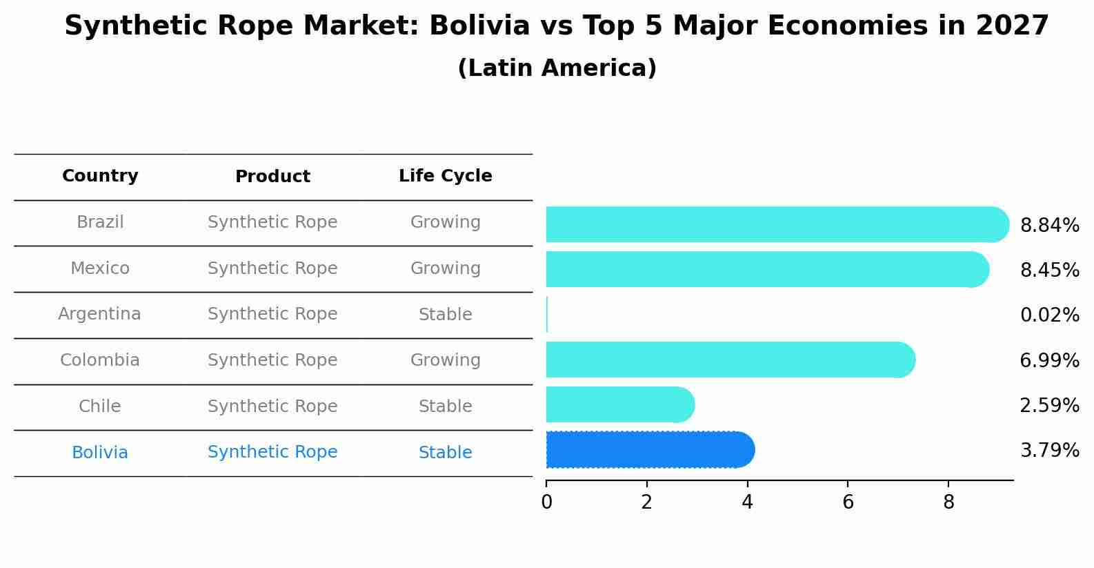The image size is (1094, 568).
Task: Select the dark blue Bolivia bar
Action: click(x=648, y=450)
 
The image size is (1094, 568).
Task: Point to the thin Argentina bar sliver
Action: click(x=547, y=315)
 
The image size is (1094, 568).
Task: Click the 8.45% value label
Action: click(x=1049, y=270)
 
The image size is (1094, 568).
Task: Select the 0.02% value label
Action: click(x=1049, y=315)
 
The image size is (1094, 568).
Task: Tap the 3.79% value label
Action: click(x=1049, y=451)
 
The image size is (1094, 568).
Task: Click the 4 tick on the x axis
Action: click(x=747, y=502)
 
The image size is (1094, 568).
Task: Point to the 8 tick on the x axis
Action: click(x=948, y=502)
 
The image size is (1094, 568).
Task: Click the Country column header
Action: click(x=100, y=176)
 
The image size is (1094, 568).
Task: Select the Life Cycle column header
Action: click(x=445, y=176)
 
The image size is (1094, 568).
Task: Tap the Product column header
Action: click(x=272, y=177)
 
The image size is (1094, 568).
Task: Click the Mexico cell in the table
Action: click(x=100, y=268)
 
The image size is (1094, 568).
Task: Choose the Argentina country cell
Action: click(x=99, y=315)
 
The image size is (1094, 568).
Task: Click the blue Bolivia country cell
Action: click(x=100, y=453)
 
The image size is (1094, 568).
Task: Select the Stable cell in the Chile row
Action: click(x=445, y=407)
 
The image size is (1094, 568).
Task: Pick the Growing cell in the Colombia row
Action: click(x=445, y=360)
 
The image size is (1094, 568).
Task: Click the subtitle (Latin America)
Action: click(x=557, y=68)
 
